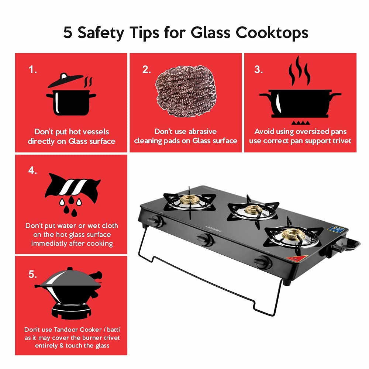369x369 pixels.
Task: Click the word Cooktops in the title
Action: [x=272, y=32]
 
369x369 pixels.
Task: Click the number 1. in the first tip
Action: [x=33, y=70]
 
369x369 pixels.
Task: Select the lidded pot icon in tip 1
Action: [x=70, y=95]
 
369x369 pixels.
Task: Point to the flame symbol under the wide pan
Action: [x=300, y=122]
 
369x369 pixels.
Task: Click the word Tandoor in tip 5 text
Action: [x=69, y=330]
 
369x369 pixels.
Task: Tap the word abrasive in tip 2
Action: [x=203, y=132]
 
